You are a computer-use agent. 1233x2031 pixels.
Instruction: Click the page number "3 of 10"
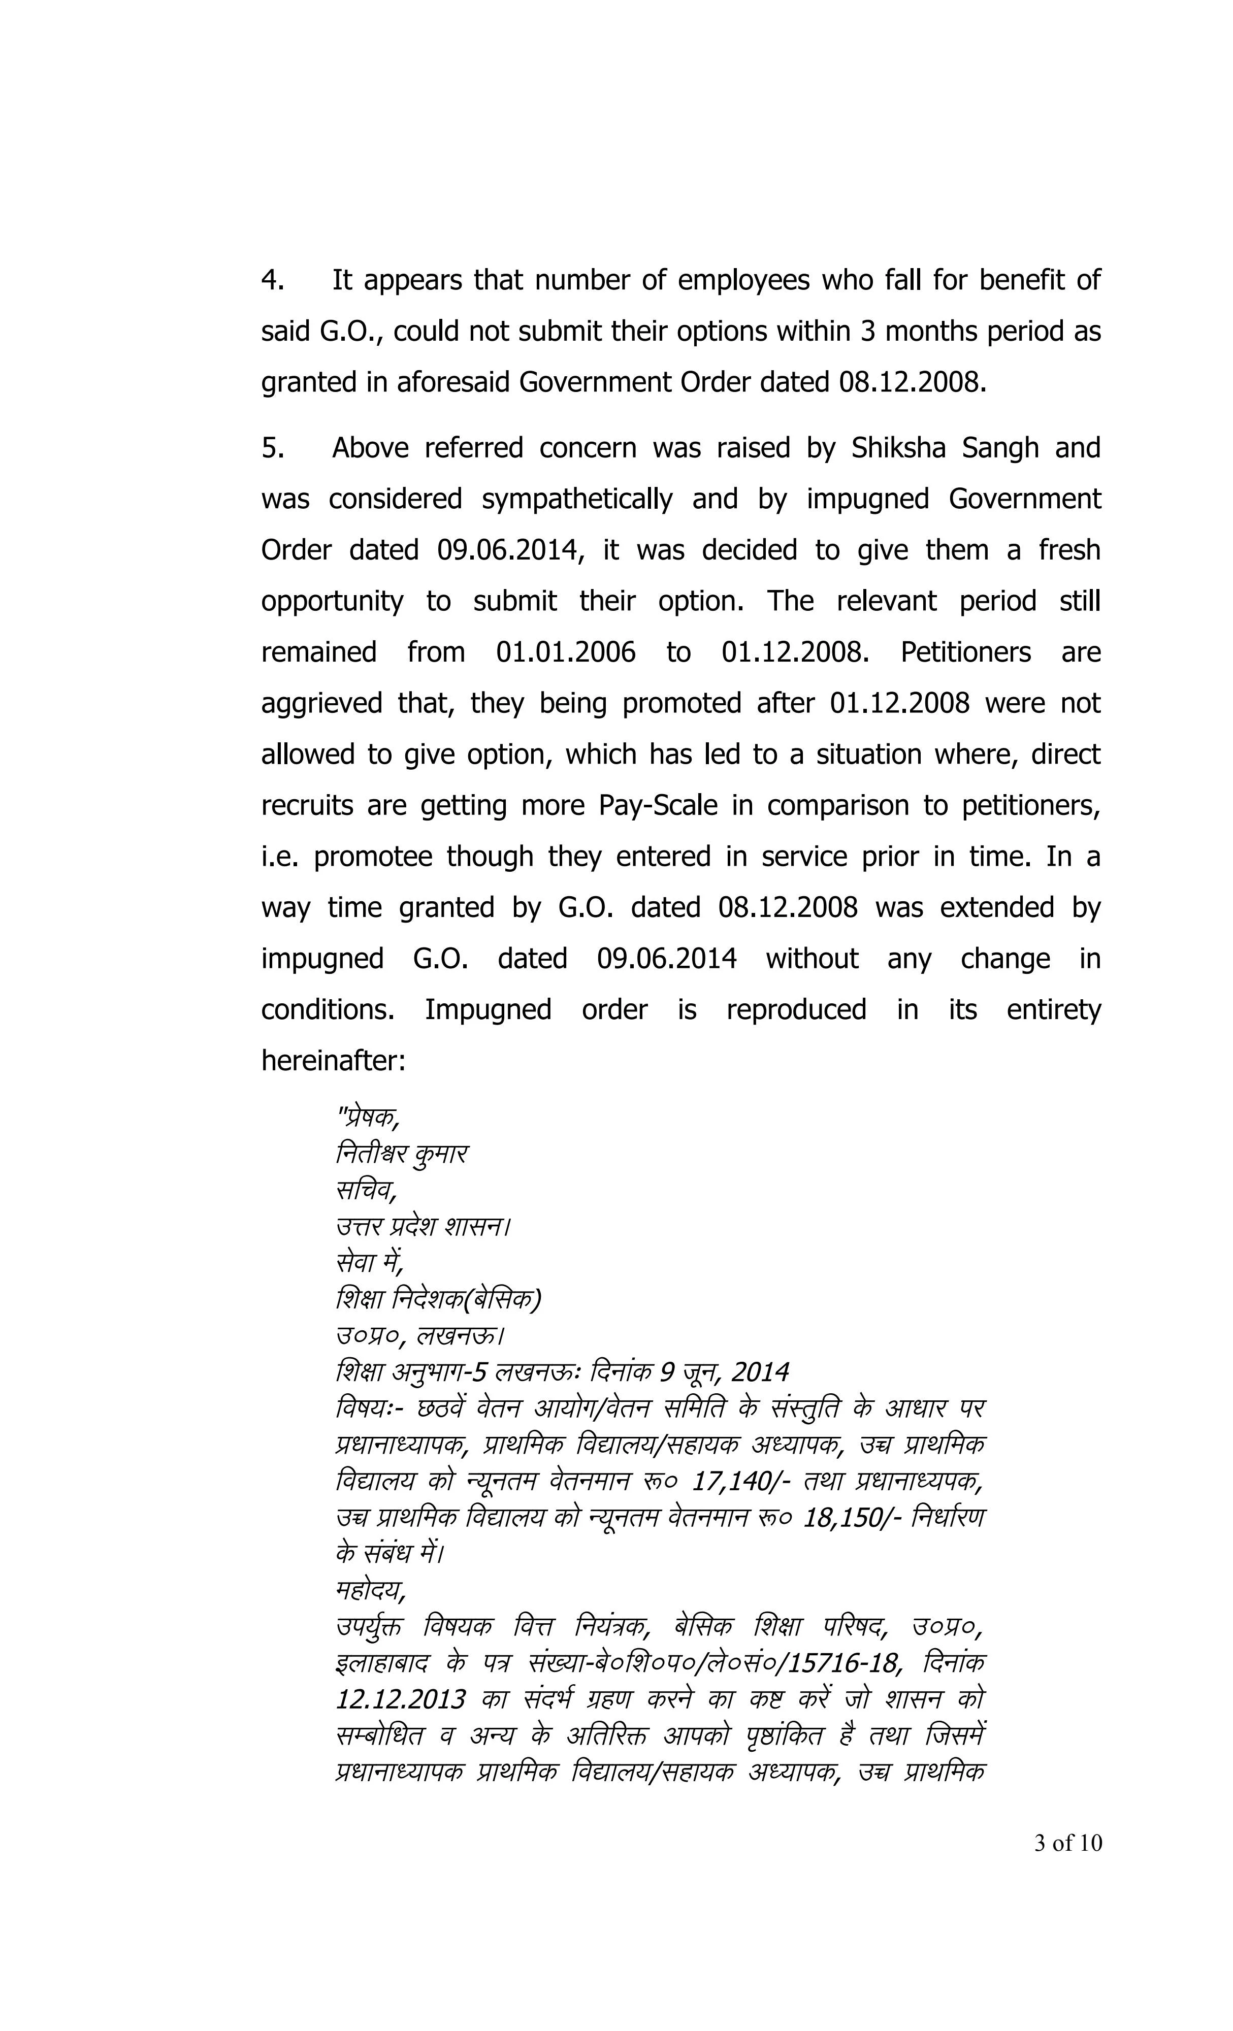point(1067,1843)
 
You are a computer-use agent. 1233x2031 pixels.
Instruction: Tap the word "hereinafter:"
point(333,1060)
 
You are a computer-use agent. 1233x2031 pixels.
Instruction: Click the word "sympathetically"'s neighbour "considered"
point(395,500)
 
